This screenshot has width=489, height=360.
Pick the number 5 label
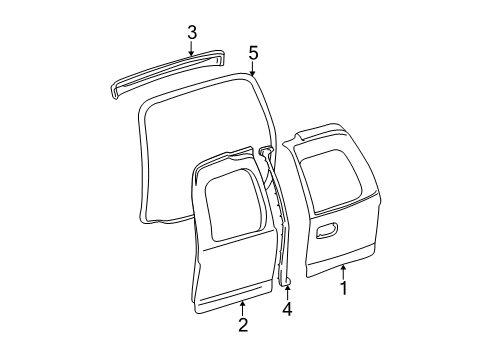254,54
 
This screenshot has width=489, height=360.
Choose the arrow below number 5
253,69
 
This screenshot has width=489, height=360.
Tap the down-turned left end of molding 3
114,93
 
